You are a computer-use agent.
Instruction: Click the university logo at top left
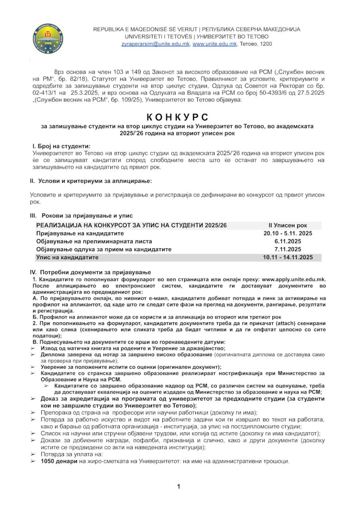pos(48,38)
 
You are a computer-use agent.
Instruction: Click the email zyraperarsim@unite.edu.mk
pos(156,44)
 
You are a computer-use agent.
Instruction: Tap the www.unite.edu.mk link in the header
pos(214,44)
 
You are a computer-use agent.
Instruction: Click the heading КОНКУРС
pos(177,117)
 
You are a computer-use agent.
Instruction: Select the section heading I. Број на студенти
pos(61,146)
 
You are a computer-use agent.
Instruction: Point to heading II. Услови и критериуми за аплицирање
pos(91,181)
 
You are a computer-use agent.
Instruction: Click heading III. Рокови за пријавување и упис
pos(79,216)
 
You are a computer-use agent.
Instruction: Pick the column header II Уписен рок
pos(287,225)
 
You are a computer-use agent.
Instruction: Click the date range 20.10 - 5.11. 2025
pos(287,233)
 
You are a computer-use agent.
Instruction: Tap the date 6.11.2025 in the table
pos(287,241)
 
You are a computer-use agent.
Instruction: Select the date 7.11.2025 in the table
pos(287,249)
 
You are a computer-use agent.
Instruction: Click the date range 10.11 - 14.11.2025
pos(287,257)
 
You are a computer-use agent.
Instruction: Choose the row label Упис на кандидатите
pos(67,257)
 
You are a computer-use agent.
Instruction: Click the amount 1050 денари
pos(60,462)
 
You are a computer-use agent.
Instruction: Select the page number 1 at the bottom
pos(179,487)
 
